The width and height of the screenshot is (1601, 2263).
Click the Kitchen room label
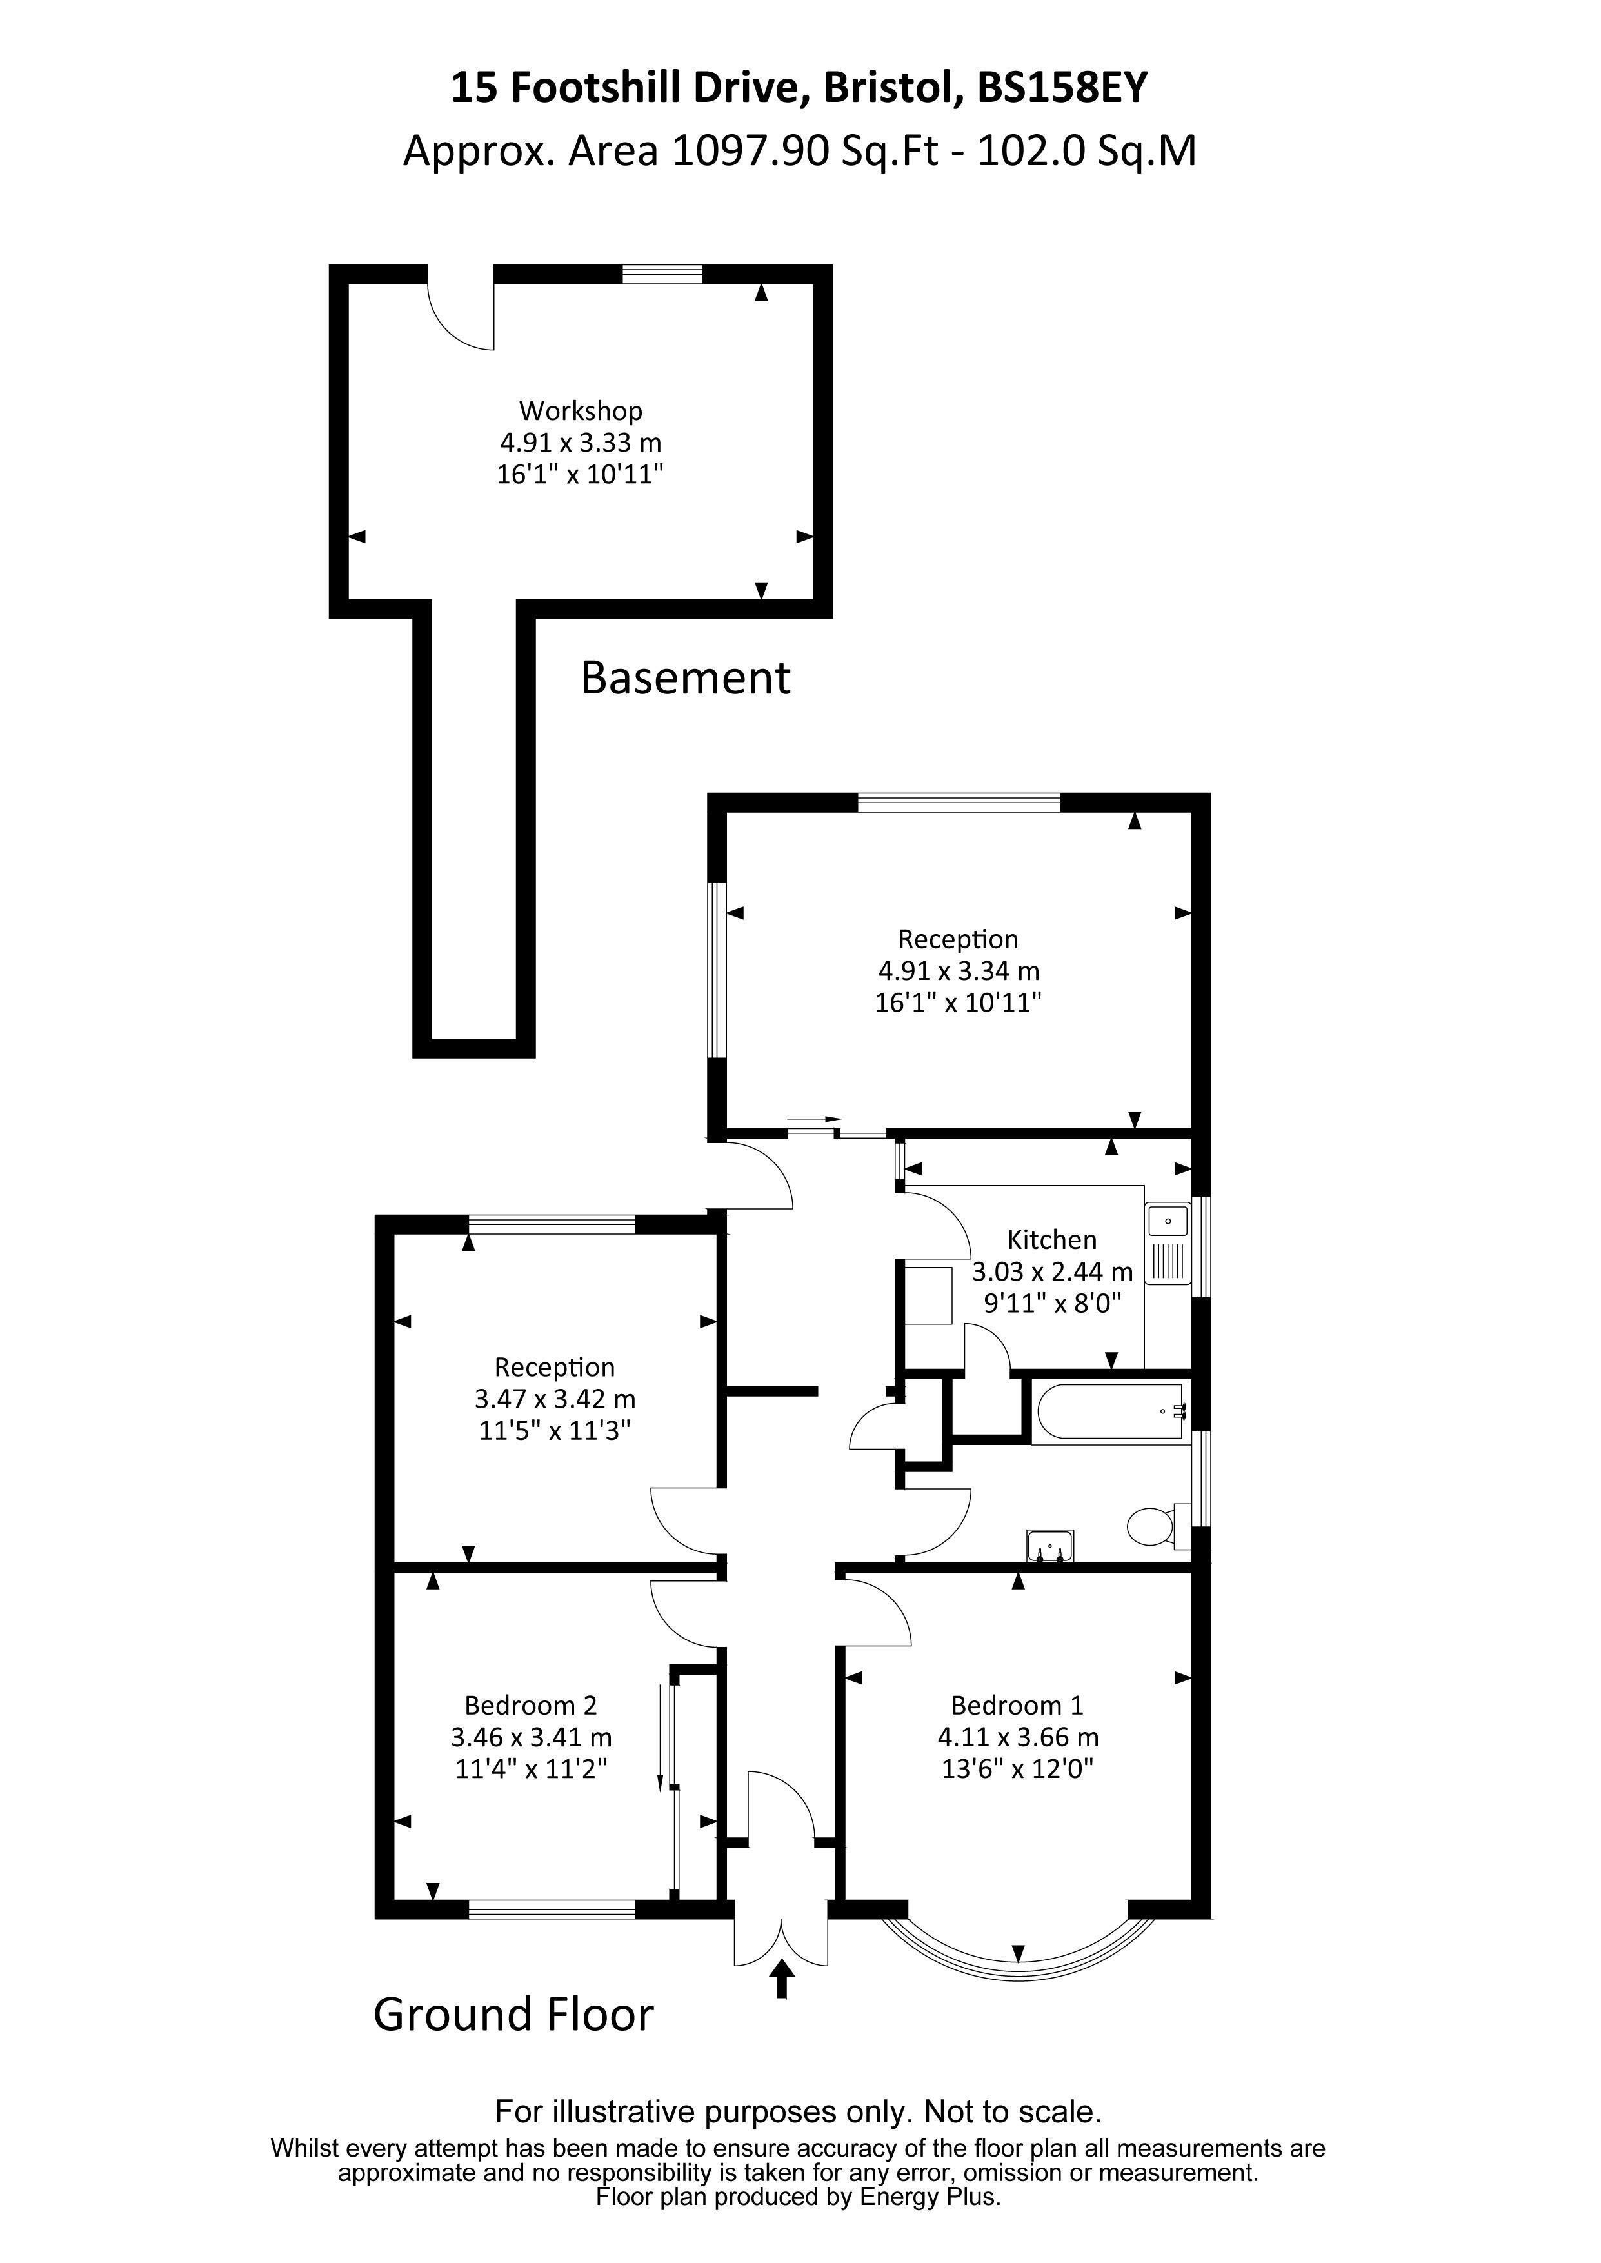[x=1052, y=1239]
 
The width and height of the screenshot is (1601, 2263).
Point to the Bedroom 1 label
[x=1017, y=1705]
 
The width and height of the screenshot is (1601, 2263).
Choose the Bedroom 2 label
[x=530, y=1705]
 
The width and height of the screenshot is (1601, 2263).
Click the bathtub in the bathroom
[x=1109, y=1412]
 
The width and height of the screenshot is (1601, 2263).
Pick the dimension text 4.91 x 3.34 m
[x=959, y=971]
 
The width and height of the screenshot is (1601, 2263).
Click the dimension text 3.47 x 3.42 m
[x=555, y=1399]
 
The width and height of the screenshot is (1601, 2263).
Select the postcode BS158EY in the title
[x=1062, y=88]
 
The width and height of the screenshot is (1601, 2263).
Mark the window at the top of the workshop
[x=662, y=274]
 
